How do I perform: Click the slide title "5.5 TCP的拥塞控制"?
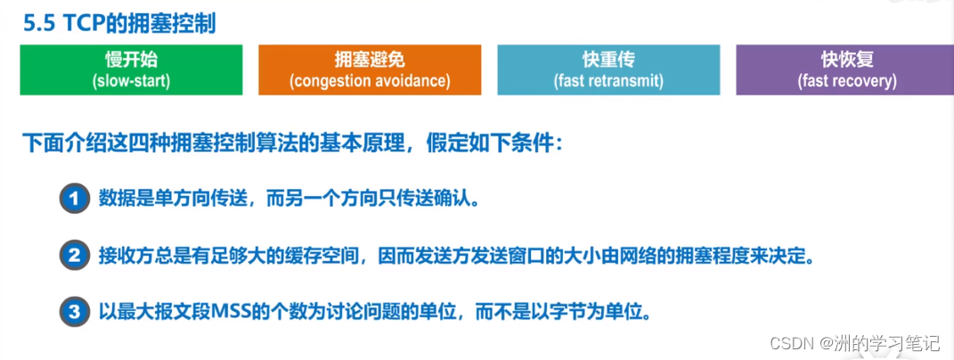point(119,24)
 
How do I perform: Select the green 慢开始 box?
point(132,70)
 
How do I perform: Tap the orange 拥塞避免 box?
point(370,70)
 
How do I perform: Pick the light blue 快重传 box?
point(608,70)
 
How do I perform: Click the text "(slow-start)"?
point(131,80)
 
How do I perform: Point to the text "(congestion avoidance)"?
point(370,80)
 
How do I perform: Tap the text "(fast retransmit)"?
point(608,80)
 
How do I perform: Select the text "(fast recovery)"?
point(847,80)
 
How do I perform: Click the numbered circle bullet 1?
point(74,200)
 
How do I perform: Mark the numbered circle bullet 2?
point(74,257)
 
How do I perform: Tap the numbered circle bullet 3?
point(74,313)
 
